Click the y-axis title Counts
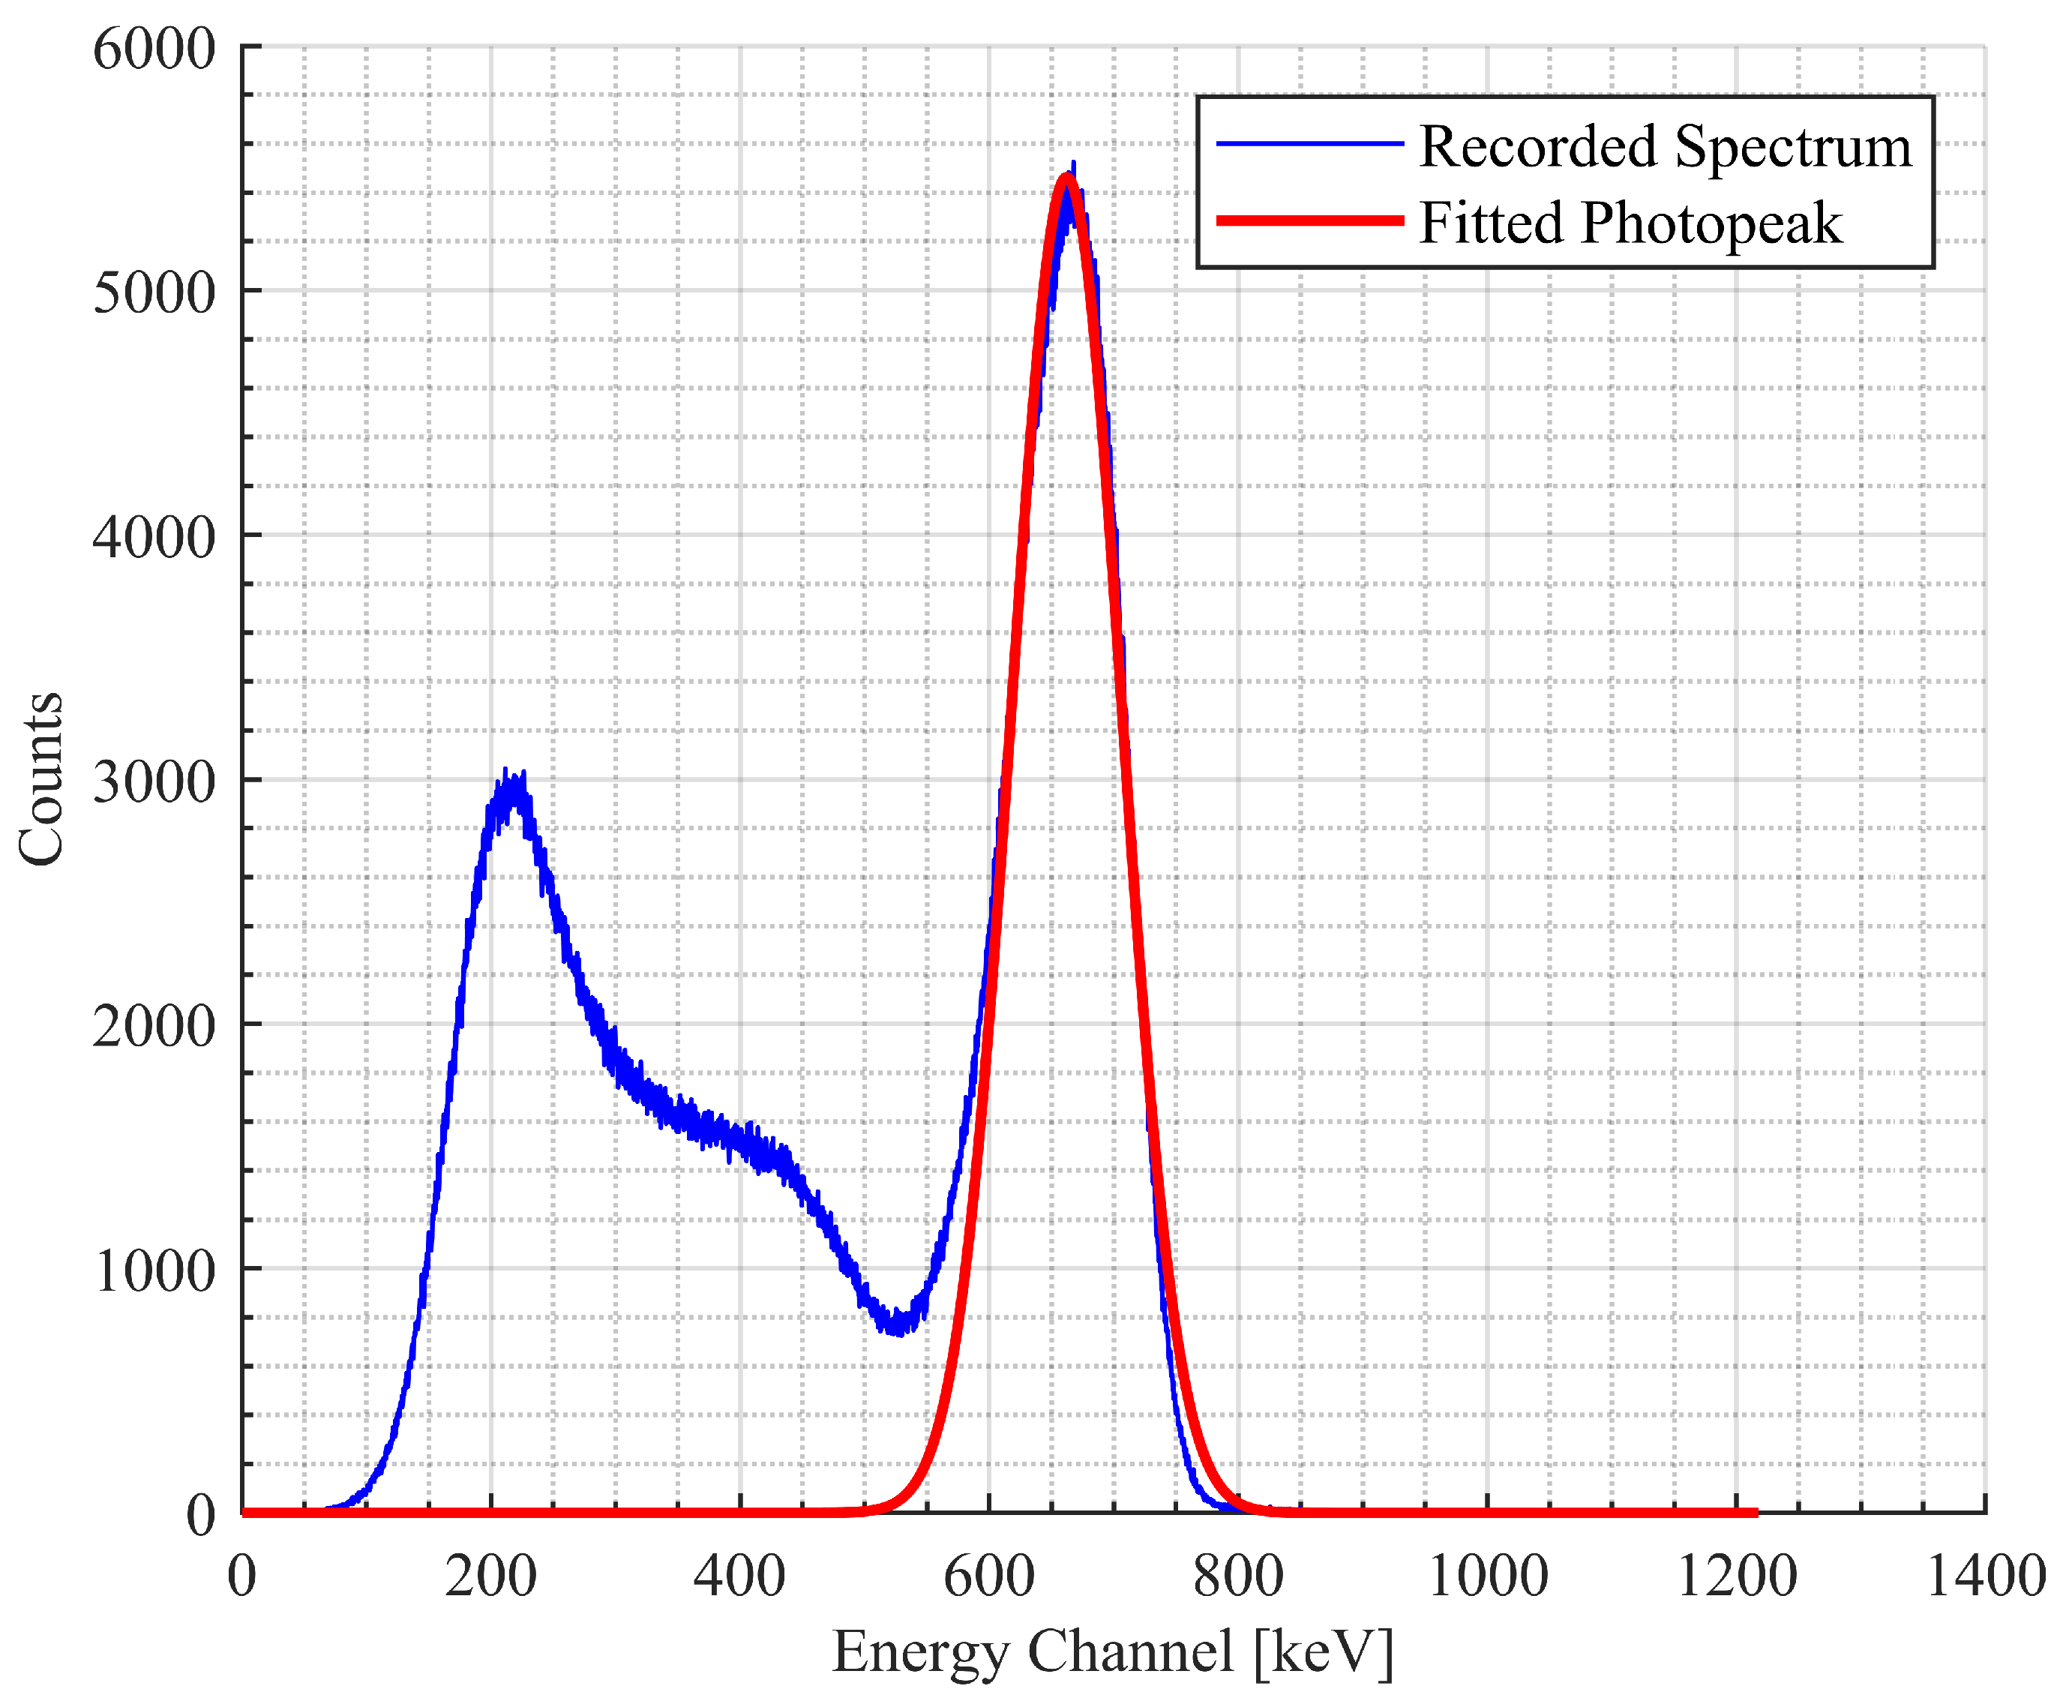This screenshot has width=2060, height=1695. pos(42,778)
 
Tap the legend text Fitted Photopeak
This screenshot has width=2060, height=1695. pos(1630,223)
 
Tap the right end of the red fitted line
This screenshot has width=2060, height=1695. pos(1756,1513)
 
